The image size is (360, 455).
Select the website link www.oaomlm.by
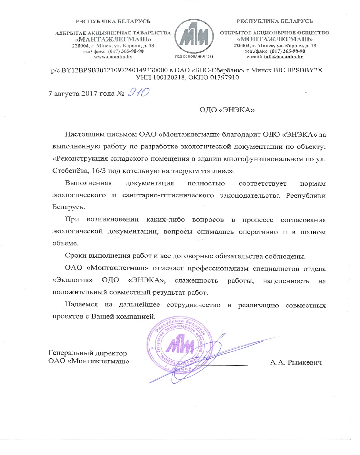(x=113, y=57)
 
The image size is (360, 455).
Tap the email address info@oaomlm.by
(x=284, y=57)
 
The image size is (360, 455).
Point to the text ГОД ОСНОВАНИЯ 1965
(x=194, y=57)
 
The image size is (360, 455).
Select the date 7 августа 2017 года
(x=82, y=94)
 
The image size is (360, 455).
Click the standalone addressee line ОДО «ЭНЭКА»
(x=227, y=110)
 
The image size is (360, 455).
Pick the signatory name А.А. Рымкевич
(x=296, y=362)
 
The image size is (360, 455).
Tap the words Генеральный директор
(x=88, y=353)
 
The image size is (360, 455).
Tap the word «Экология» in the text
(x=73, y=281)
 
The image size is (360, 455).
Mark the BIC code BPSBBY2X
(x=305, y=70)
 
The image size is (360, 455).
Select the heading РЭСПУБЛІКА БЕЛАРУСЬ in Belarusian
(x=113, y=21)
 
